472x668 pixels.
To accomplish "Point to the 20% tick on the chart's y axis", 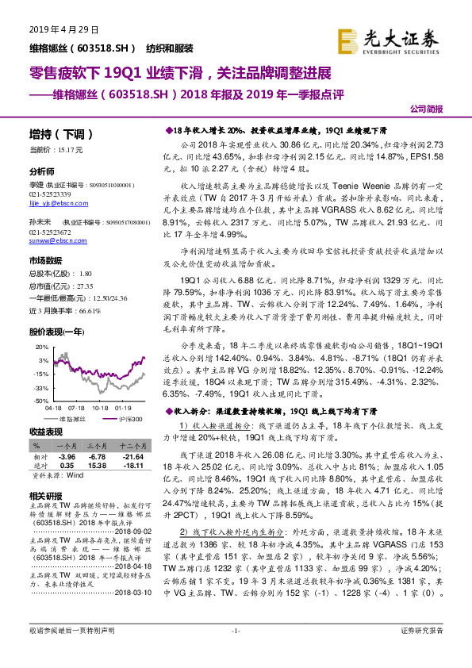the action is tap(40, 324).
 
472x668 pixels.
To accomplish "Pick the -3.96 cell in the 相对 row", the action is tap(67, 457).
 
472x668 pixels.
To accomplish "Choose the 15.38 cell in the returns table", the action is tap(99, 466).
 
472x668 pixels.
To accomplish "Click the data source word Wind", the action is tap(76, 476).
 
